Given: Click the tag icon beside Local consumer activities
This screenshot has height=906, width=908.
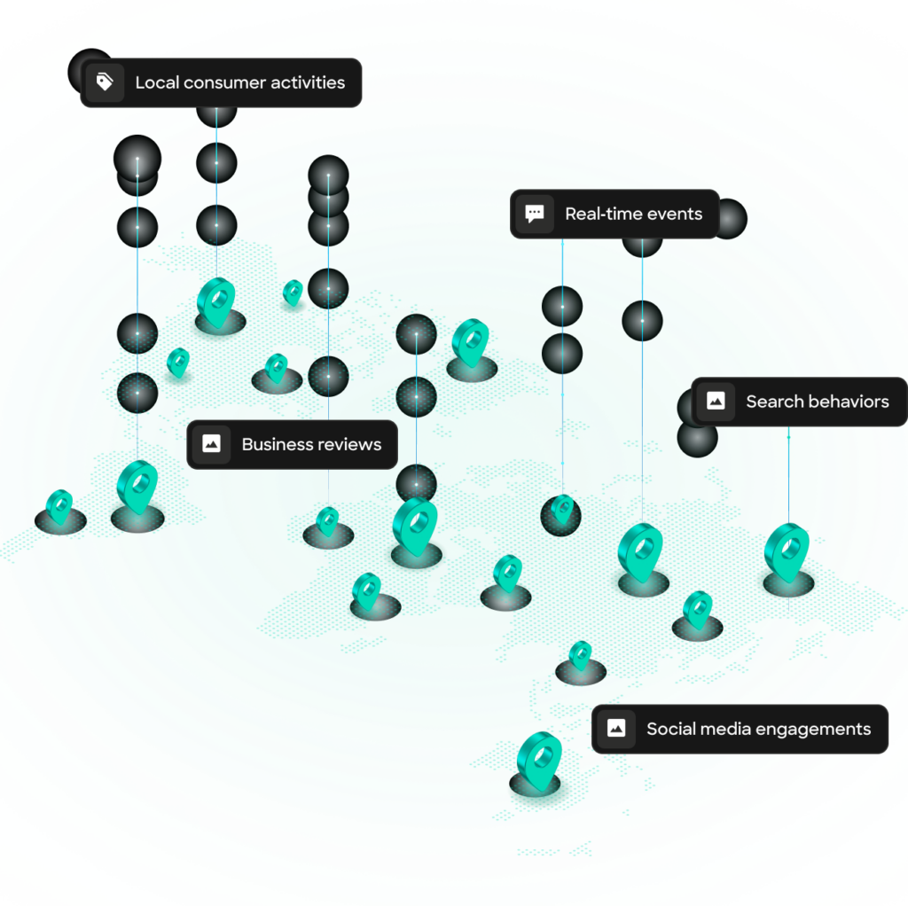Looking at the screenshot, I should point(105,83).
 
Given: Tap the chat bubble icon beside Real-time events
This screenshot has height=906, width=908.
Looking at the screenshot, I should point(534,214).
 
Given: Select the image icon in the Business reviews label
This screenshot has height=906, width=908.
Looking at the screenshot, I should point(211,444).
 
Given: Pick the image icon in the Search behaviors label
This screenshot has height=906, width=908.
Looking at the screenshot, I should point(716,402).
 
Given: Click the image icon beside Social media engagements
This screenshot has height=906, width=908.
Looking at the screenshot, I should point(615,729).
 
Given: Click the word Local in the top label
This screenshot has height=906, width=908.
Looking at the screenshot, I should point(154,82).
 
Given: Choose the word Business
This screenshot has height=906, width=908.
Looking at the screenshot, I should point(275,444).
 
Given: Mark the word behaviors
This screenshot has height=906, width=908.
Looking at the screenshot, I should point(848,402).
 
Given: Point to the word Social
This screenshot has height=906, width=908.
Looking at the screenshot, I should point(669,729).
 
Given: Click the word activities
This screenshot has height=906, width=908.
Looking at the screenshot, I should point(310,82).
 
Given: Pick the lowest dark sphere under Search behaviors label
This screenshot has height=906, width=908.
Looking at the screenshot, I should point(698,438).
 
